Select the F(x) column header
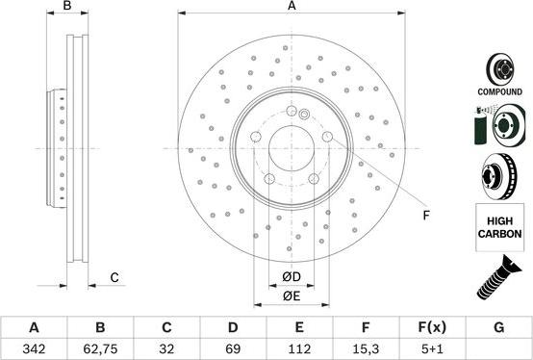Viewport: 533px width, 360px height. coord(432,327)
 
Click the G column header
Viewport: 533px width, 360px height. coord(498,327)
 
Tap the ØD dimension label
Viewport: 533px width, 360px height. coord(292,278)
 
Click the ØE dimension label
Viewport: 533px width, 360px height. coord(292,296)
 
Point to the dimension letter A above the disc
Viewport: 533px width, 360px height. coord(292,7)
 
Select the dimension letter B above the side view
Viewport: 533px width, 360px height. coord(67,7)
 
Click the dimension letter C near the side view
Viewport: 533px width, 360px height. coord(114,278)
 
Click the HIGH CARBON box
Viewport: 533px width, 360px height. coord(498,226)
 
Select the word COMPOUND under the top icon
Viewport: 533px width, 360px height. coord(498,92)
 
